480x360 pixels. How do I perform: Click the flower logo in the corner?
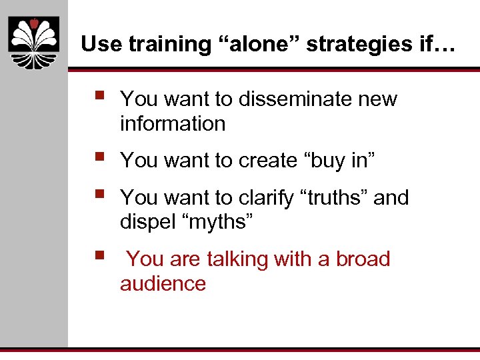[34, 42]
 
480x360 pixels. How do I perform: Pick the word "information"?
[173, 124]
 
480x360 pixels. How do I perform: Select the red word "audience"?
[163, 283]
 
